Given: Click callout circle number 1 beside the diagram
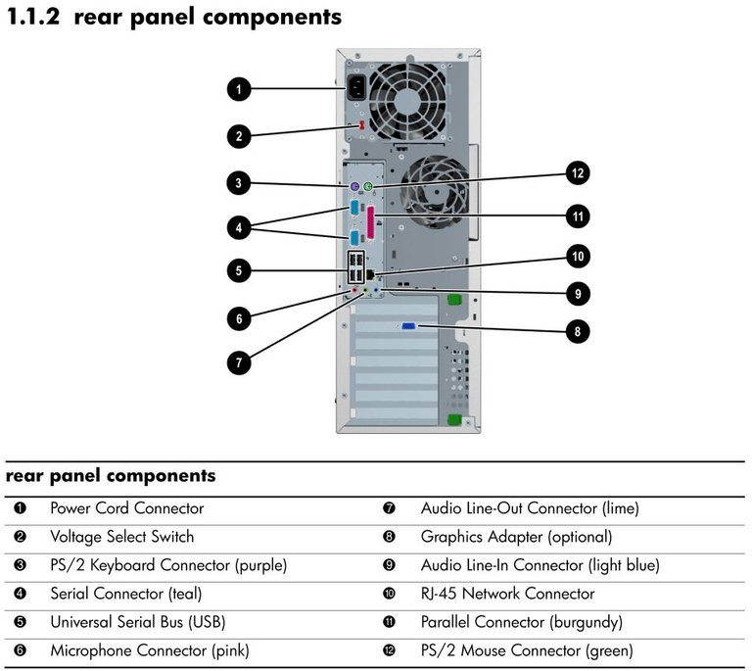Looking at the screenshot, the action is pos(239,89).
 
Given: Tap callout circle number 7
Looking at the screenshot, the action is pos(239,362).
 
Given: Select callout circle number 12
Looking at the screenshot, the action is pos(578,172).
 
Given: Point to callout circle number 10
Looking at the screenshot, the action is pos(578,256).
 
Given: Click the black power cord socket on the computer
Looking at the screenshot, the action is pos(355,88).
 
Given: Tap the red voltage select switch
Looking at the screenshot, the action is pos(361,125).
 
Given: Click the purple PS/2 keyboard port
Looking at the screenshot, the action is pos(354,186).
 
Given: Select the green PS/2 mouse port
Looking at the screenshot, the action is pos(368,186).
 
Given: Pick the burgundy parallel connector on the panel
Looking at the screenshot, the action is pos(371,223).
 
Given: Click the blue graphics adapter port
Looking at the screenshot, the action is pos(408,326).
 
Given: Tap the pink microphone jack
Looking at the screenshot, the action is pos(354,290).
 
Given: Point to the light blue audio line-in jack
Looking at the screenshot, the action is pos(376,290).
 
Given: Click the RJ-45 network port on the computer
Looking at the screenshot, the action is pos(371,274).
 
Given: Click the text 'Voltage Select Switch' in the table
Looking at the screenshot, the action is pos(122,537).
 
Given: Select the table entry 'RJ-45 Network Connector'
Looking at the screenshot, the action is pos(507,594).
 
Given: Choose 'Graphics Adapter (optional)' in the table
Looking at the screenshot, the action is pos(517,537).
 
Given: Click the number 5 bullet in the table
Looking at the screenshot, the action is pos(21,622).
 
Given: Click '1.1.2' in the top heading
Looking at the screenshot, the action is pos(34,17).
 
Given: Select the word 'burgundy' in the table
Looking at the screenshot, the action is pos(586,623).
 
